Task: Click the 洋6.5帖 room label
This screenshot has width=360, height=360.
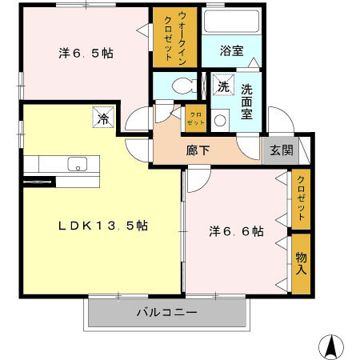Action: click(85, 54)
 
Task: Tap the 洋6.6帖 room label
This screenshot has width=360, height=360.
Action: click(236, 231)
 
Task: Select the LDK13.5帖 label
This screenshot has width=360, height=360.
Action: click(102, 225)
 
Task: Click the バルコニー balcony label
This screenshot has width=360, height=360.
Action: click(166, 311)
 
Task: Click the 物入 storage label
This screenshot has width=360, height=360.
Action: click(302, 263)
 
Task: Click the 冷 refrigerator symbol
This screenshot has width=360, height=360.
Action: click(103, 118)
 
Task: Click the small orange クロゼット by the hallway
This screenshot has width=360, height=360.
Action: click(194, 118)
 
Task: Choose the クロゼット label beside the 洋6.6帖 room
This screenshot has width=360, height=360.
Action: click(302, 198)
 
